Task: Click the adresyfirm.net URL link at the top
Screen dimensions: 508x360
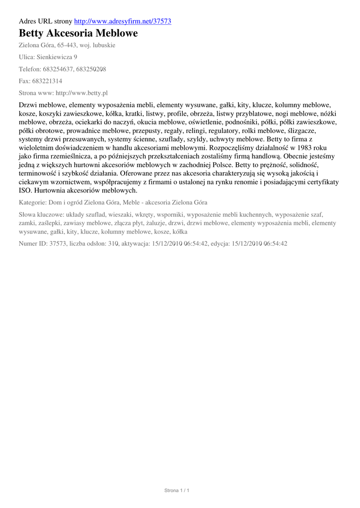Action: [x=123, y=21]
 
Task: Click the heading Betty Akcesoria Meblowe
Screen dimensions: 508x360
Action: [x=78, y=33]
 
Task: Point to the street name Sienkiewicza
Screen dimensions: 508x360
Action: [x=55, y=57]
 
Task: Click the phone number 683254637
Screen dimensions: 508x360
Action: [x=58, y=69]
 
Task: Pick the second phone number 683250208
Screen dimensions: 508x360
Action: [x=91, y=69]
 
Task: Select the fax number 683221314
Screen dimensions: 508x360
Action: [x=48, y=81]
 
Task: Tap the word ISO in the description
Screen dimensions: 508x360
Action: [x=25, y=190]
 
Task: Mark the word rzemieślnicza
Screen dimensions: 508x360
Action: [x=68, y=156]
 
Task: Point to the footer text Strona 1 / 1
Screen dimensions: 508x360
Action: [x=177, y=490]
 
